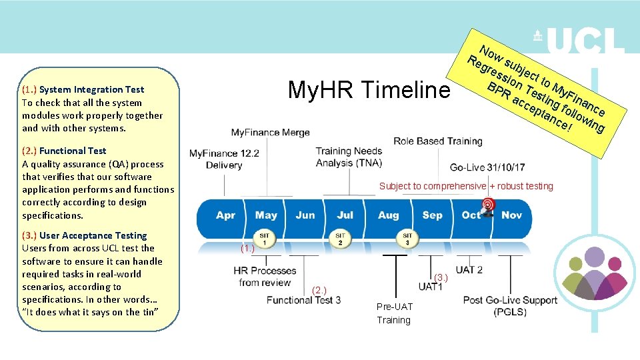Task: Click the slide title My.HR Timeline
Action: (369, 89)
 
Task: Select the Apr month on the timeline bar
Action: (225, 215)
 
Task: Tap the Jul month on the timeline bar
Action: (345, 215)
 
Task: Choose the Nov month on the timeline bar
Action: (511, 215)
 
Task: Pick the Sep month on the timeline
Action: (432, 215)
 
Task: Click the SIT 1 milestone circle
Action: (265, 238)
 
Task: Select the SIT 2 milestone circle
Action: (340, 238)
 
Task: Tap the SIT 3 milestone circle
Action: (407, 238)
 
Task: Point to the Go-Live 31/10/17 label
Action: (487, 167)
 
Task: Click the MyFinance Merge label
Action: (270, 133)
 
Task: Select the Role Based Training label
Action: (437, 141)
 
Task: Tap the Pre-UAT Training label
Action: (394, 313)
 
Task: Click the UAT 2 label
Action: (469, 270)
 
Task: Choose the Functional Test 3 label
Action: (303, 300)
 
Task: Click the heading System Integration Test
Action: (91, 89)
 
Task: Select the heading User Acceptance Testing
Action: (93, 235)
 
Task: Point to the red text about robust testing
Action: (466, 186)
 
